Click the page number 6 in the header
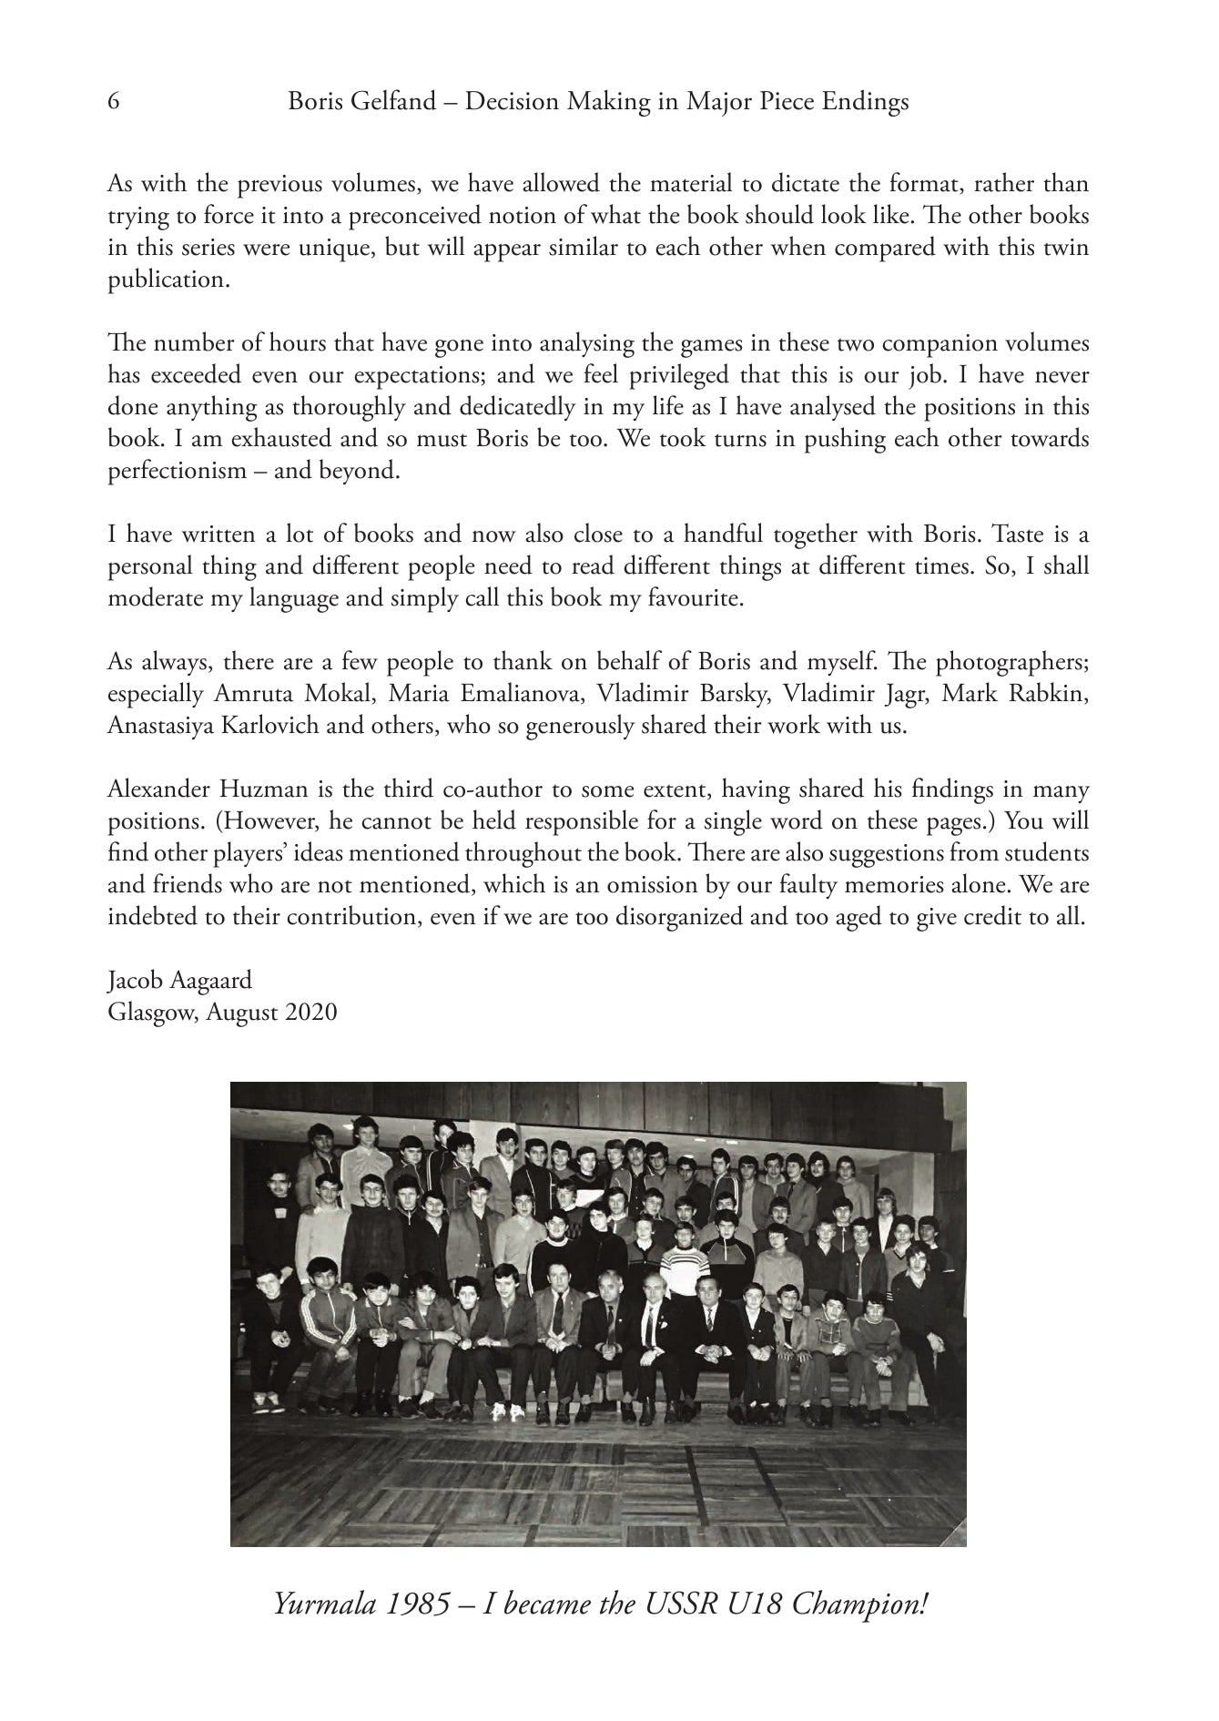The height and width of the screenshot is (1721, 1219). tap(114, 102)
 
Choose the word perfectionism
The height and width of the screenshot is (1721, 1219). tap(178, 472)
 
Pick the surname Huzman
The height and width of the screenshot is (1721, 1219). tap(253, 789)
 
